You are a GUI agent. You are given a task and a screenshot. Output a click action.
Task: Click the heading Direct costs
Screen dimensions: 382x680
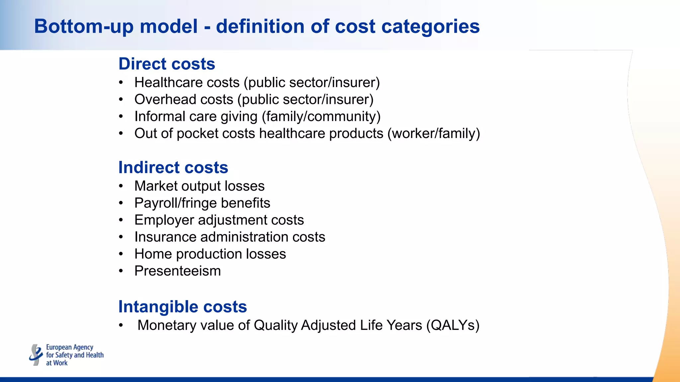[x=167, y=64]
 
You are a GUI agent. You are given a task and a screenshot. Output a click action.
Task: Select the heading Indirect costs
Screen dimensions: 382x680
[x=173, y=167]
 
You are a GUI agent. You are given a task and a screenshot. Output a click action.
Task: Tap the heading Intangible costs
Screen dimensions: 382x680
[x=182, y=306]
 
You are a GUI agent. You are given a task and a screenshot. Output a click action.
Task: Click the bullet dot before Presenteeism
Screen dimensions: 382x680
[x=121, y=271]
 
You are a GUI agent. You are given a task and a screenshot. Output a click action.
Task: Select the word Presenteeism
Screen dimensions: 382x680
[x=177, y=271]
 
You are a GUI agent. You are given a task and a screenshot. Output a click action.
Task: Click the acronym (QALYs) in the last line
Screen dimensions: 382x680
[x=453, y=325]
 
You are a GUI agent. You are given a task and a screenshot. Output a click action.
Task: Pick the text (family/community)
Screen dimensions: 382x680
[x=321, y=116]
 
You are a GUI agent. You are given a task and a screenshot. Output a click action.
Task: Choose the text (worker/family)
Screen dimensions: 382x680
[x=434, y=133]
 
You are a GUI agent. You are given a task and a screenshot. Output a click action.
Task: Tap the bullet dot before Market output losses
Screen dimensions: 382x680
[x=121, y=186]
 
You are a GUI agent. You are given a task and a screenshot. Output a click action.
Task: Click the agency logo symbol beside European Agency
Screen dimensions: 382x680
[x=36, y=355]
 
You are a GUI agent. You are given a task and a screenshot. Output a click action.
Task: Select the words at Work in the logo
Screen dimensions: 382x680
[x=57, y=363]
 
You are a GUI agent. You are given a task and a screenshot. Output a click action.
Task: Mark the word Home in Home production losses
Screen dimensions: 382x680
[x=153, y=254]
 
